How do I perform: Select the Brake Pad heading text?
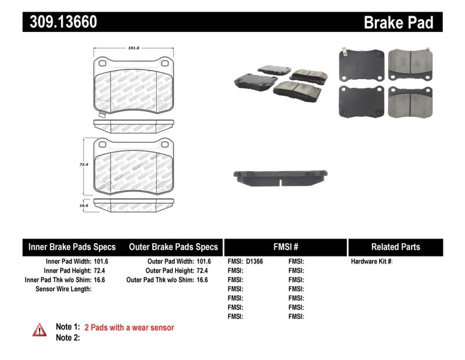click(x=398, y=23)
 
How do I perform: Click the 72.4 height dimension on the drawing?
click(x=83, y=165)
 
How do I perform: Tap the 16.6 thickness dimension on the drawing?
click(x=83, y=205)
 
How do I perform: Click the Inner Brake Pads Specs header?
click(x=72, y=247)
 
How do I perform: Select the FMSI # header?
click(x=285, y=247)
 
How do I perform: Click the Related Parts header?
click(x=395, y=247)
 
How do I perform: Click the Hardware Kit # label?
click(x=371, y=262)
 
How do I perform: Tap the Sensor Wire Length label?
click(x=63, y=289)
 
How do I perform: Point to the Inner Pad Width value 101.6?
click(x=101, y=262)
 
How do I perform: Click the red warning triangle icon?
click(x=39, y=330)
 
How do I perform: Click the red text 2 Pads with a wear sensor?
click(x=129, y=327)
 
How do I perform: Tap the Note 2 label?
click(x=67, y=337)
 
